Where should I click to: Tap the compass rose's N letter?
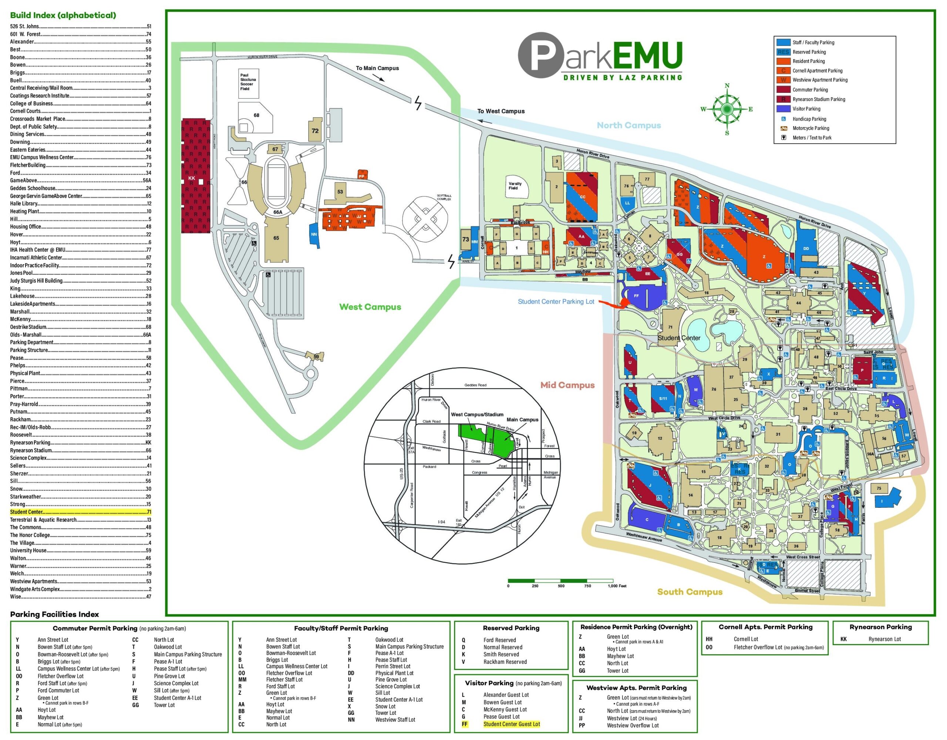[x=727, y=85]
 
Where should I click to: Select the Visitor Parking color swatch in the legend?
[x=783, y=109]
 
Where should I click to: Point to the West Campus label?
[x=370, y=307]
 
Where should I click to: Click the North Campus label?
[x=629, y=125]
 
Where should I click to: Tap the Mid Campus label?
[x=567, y=385]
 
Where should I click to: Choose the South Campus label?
[x=690, y=592]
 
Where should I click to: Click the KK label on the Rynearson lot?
[x=192, y=178]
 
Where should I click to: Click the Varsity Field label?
[x=515, y=186]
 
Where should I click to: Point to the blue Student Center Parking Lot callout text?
[x=556, y=302]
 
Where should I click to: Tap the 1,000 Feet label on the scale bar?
[x=617, y=586]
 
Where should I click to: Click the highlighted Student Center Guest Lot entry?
[x=511, y=724]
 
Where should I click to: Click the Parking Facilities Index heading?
[x=55, y=614]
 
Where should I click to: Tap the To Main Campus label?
[x=377, y=68]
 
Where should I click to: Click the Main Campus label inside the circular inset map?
[x=522, y=420]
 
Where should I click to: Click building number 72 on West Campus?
[x=315, y=131]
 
